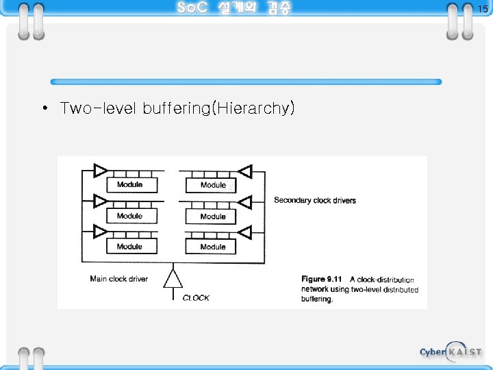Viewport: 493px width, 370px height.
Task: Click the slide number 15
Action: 483,9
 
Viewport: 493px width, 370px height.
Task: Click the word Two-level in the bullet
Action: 99,108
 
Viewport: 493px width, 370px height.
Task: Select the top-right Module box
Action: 212,184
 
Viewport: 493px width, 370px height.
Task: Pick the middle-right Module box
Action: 212,216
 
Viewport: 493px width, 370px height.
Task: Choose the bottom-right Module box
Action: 212,246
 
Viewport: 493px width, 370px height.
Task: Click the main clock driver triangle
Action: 173,279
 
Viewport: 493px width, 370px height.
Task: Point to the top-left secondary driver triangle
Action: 100,170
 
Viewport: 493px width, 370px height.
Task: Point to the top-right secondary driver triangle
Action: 243,170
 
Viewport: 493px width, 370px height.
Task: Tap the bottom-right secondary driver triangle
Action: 243,232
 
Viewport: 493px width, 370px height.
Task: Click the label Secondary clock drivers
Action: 314,200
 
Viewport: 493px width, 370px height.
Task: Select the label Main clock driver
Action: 118,279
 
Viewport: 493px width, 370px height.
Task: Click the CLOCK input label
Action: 196,298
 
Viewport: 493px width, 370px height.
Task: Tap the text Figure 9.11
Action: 322,280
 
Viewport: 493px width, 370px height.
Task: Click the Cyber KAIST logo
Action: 451,351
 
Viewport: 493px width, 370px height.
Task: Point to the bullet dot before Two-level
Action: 43,109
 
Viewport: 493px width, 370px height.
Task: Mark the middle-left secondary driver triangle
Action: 100,201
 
